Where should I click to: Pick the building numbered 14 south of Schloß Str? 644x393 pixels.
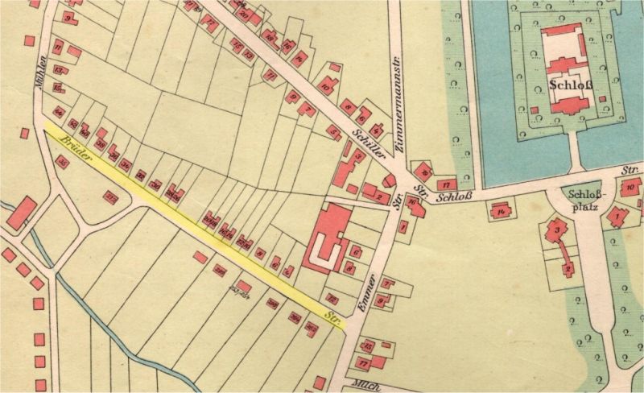[x=501, y=212]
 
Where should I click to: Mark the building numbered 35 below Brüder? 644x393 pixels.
[x=64, y=163]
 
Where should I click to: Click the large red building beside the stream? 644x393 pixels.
[x=23, y=212]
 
